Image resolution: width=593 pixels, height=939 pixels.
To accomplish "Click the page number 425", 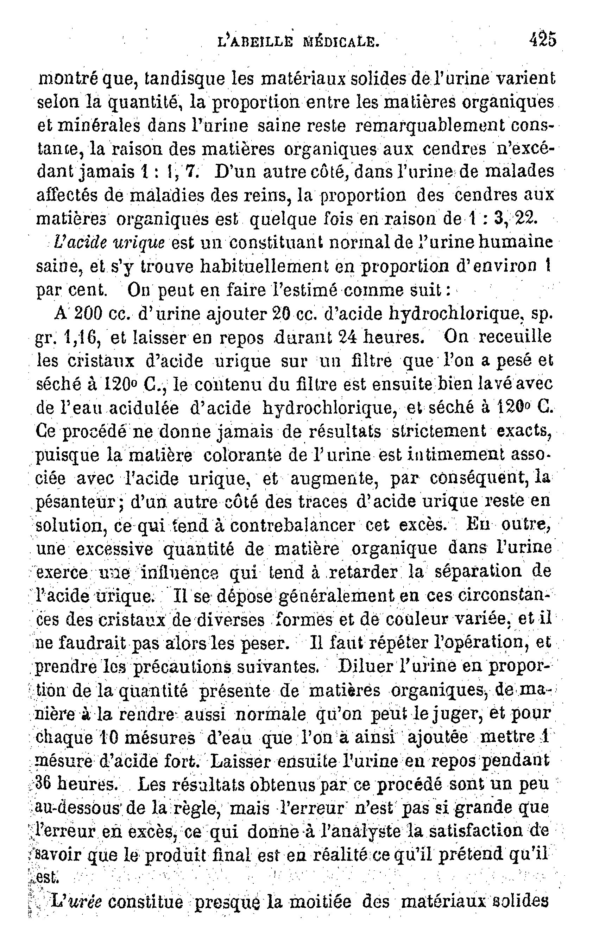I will point(542,40).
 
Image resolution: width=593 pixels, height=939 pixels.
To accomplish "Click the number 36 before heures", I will point(44,785).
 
